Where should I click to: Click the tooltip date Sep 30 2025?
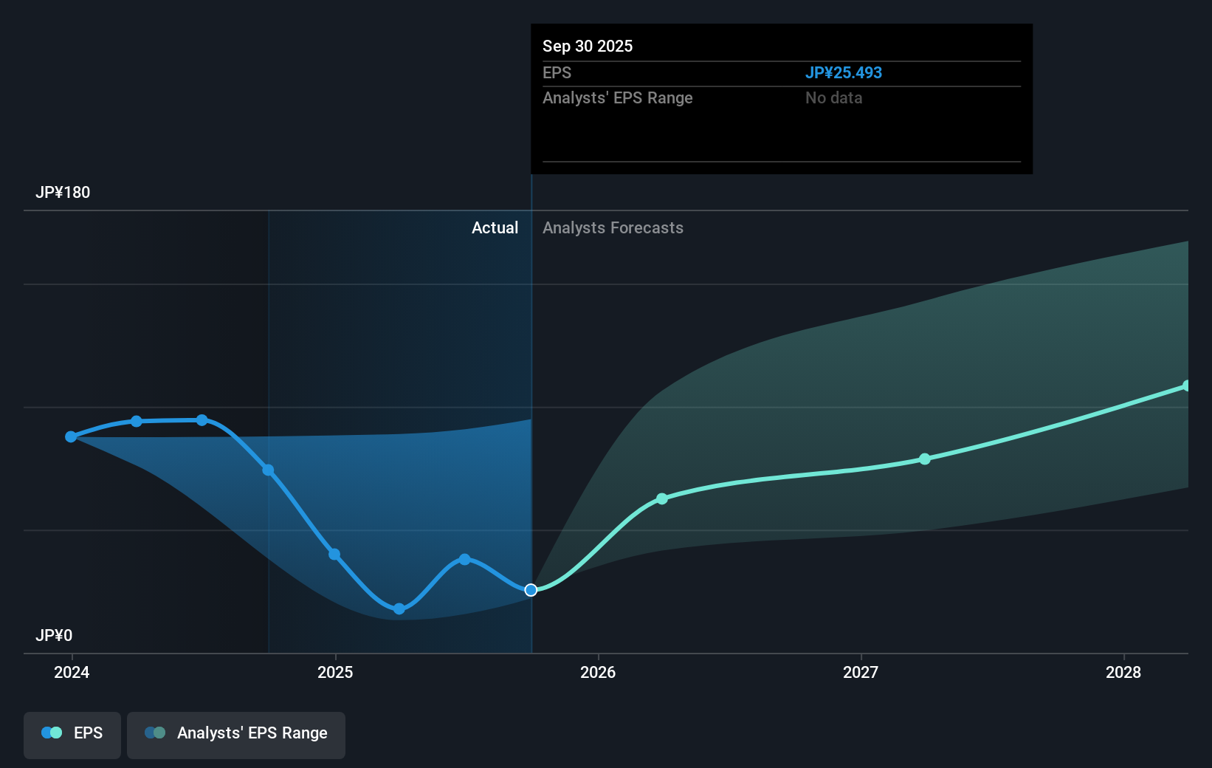[x=588, y=46]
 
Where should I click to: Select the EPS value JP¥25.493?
[x=843, y=72]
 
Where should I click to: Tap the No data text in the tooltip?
[x=833, y=97]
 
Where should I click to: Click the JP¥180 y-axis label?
[x=63, y=192]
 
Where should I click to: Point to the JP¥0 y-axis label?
[x=54, y=635]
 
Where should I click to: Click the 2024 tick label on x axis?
[x=72, y=672]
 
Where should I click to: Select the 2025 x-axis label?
[x=335, y=672]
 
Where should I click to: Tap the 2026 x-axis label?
[x=598, y=672]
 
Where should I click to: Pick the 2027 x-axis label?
[x=861, y=672]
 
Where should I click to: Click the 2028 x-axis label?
[x=1123, y=672]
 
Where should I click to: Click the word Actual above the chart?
[x=495, y=227]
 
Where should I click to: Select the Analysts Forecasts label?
[x=613, y=227]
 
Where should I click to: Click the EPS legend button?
[x=72, y=734]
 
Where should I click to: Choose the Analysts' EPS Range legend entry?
[x=236, y=734]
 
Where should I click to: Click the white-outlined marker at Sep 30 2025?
[x=531, y=589]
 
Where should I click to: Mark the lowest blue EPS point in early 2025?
[x=399, y=608]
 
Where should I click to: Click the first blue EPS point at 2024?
[x=71, y=436]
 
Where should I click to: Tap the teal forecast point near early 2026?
[x=662, y=498]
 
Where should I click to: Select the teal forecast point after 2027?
[x=925, y=459]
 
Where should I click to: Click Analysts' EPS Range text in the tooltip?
[x=617, y=97]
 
